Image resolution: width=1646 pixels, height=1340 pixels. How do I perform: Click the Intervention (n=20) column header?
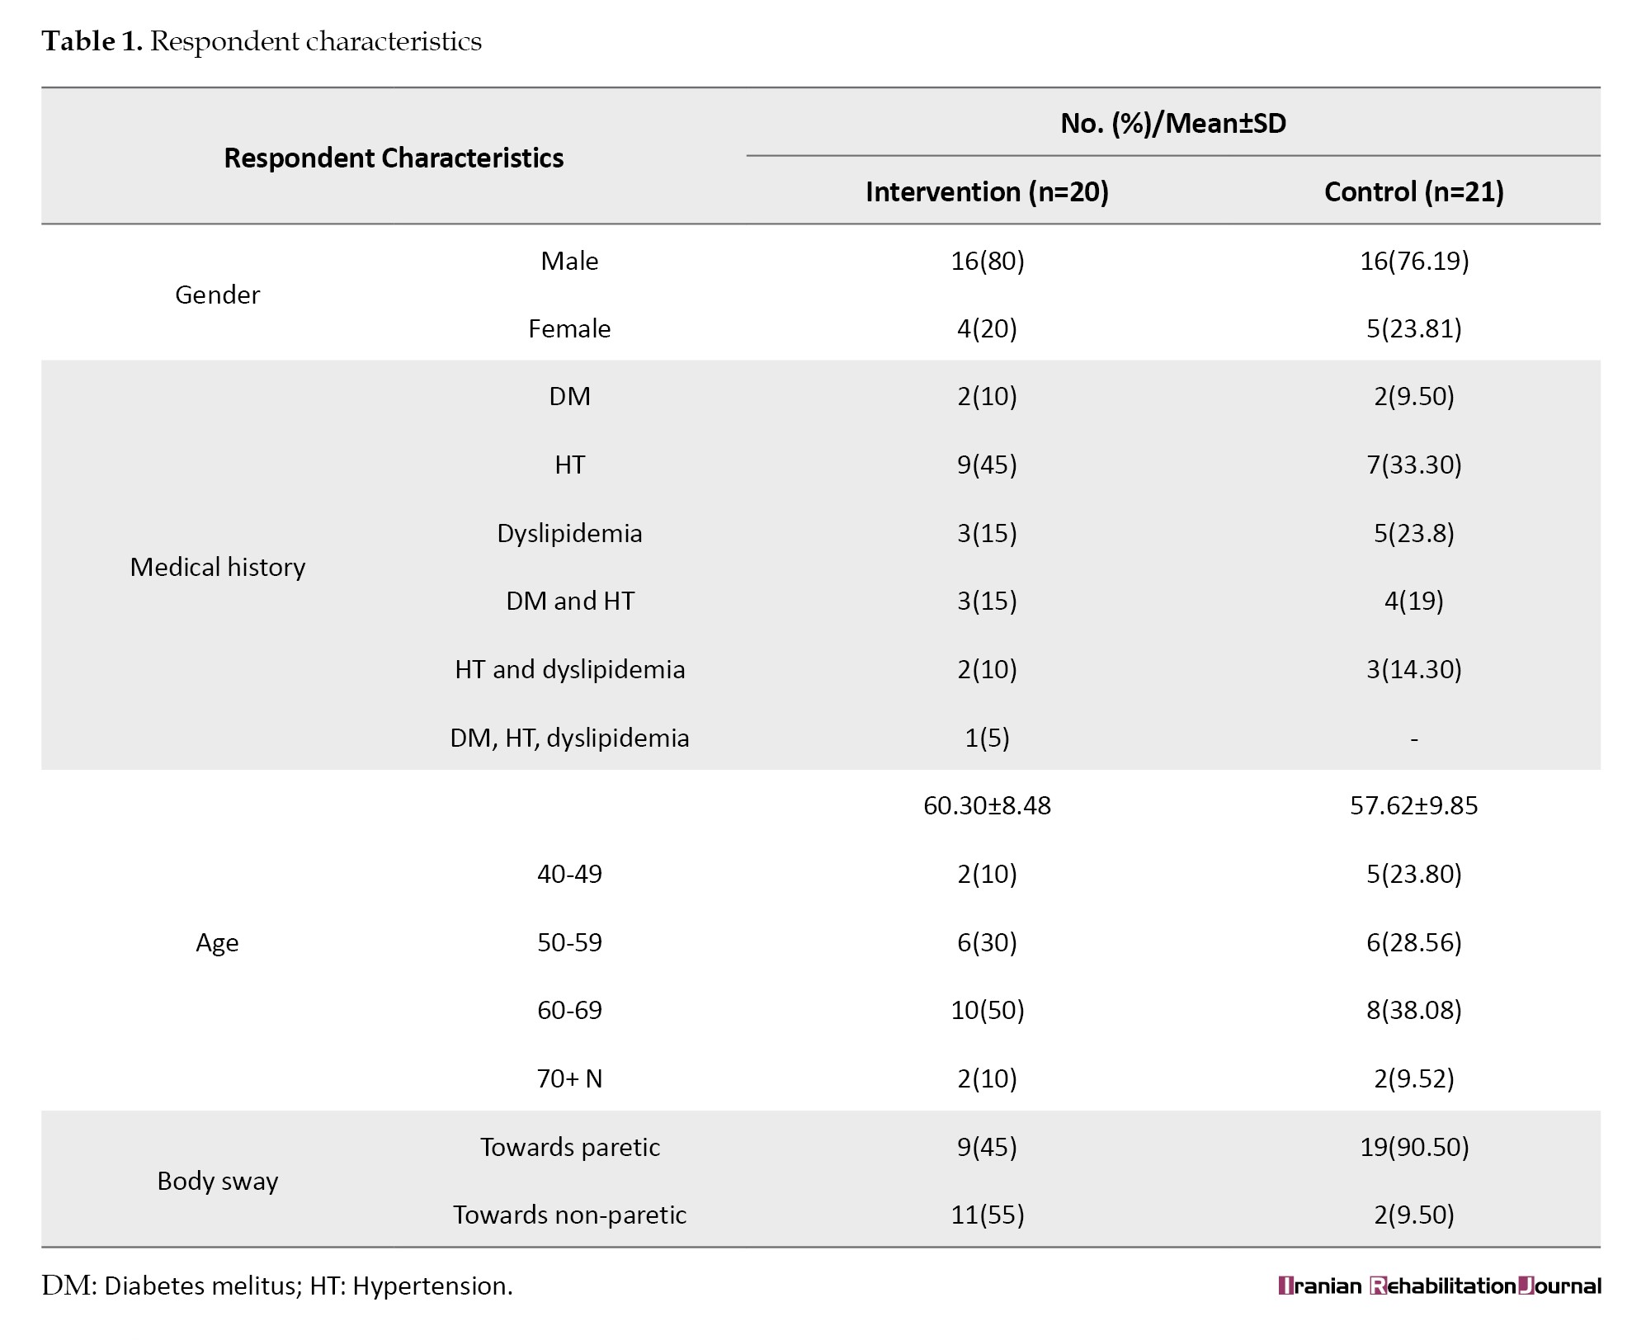click(987, 191)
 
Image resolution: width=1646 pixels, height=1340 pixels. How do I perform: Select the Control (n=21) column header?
click(1413, 191)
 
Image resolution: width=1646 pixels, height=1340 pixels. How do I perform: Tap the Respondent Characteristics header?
click(394, 158)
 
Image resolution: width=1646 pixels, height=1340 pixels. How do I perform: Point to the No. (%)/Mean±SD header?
click(1173, 123)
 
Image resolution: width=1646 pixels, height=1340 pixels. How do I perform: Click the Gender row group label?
click(217, 295)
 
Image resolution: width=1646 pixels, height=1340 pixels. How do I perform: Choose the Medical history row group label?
click(217, 567)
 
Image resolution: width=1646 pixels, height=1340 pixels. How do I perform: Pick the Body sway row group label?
click(217, 1181)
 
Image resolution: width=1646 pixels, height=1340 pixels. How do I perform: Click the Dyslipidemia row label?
click(569, 533)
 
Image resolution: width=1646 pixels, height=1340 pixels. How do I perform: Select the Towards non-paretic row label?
click(569, 1215)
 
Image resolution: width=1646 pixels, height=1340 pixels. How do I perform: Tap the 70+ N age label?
click(569, 1078)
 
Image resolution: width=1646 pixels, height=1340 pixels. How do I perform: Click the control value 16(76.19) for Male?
click(1414, 261)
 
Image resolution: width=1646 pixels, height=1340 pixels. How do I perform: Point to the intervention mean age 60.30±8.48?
click(987, 805)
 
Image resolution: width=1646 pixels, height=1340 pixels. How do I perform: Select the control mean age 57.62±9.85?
click(1414, 805)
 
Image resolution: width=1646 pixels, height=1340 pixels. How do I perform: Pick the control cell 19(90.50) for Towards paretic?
click(1414, 1147)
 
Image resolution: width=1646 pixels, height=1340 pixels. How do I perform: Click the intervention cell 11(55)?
click(987, 1215)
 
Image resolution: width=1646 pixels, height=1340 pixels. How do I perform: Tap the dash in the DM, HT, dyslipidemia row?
click(1414, 739)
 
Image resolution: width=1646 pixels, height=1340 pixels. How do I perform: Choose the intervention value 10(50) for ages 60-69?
click(987, 1010)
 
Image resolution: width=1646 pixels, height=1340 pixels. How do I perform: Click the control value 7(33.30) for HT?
click(1414, 465)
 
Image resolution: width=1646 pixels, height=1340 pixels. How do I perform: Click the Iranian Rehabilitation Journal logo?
click(1440, 1286)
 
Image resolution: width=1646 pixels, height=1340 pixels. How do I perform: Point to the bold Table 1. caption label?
click(92, 41)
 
